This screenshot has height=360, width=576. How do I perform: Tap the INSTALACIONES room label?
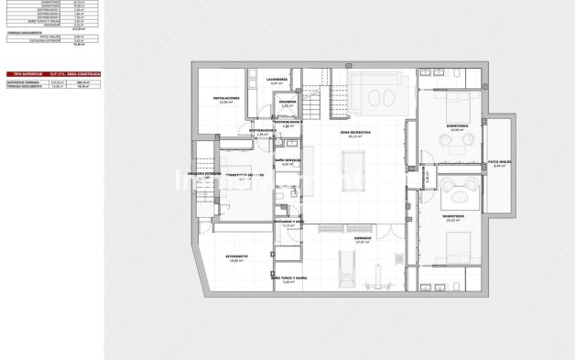(226, 97)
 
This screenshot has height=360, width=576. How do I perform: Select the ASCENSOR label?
(288, 102)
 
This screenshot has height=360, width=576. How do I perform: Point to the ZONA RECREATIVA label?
(355, 133)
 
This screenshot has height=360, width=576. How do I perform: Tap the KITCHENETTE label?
(239, 258)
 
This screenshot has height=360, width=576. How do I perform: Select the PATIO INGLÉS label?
(499, 162)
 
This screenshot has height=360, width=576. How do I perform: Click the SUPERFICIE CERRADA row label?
(23, 82)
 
